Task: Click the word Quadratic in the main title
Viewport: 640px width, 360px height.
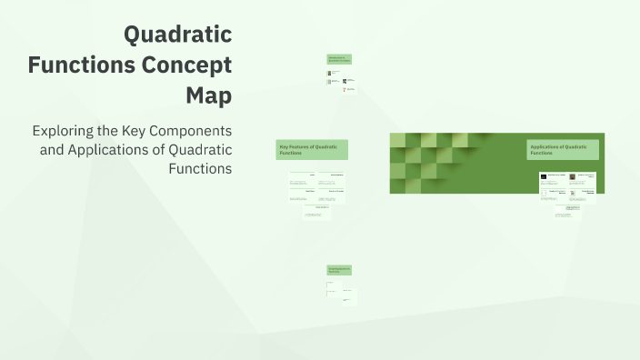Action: click(177, 35)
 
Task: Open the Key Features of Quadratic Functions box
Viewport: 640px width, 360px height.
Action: click(312, 150)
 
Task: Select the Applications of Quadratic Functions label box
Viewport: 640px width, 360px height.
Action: click(563, 150)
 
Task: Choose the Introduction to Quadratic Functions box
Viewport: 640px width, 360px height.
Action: click(339, 59)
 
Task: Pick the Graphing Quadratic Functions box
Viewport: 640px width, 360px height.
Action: click(339, 270)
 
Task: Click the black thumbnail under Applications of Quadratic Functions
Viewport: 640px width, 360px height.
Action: click(543, 176)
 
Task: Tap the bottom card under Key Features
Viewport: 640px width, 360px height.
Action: click(316, 212)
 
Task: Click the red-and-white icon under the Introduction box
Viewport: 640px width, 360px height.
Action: click(345, 90)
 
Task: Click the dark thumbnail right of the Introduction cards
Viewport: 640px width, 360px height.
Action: click(345, 81)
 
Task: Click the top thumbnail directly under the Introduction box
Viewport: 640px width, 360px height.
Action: click(329, 73)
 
